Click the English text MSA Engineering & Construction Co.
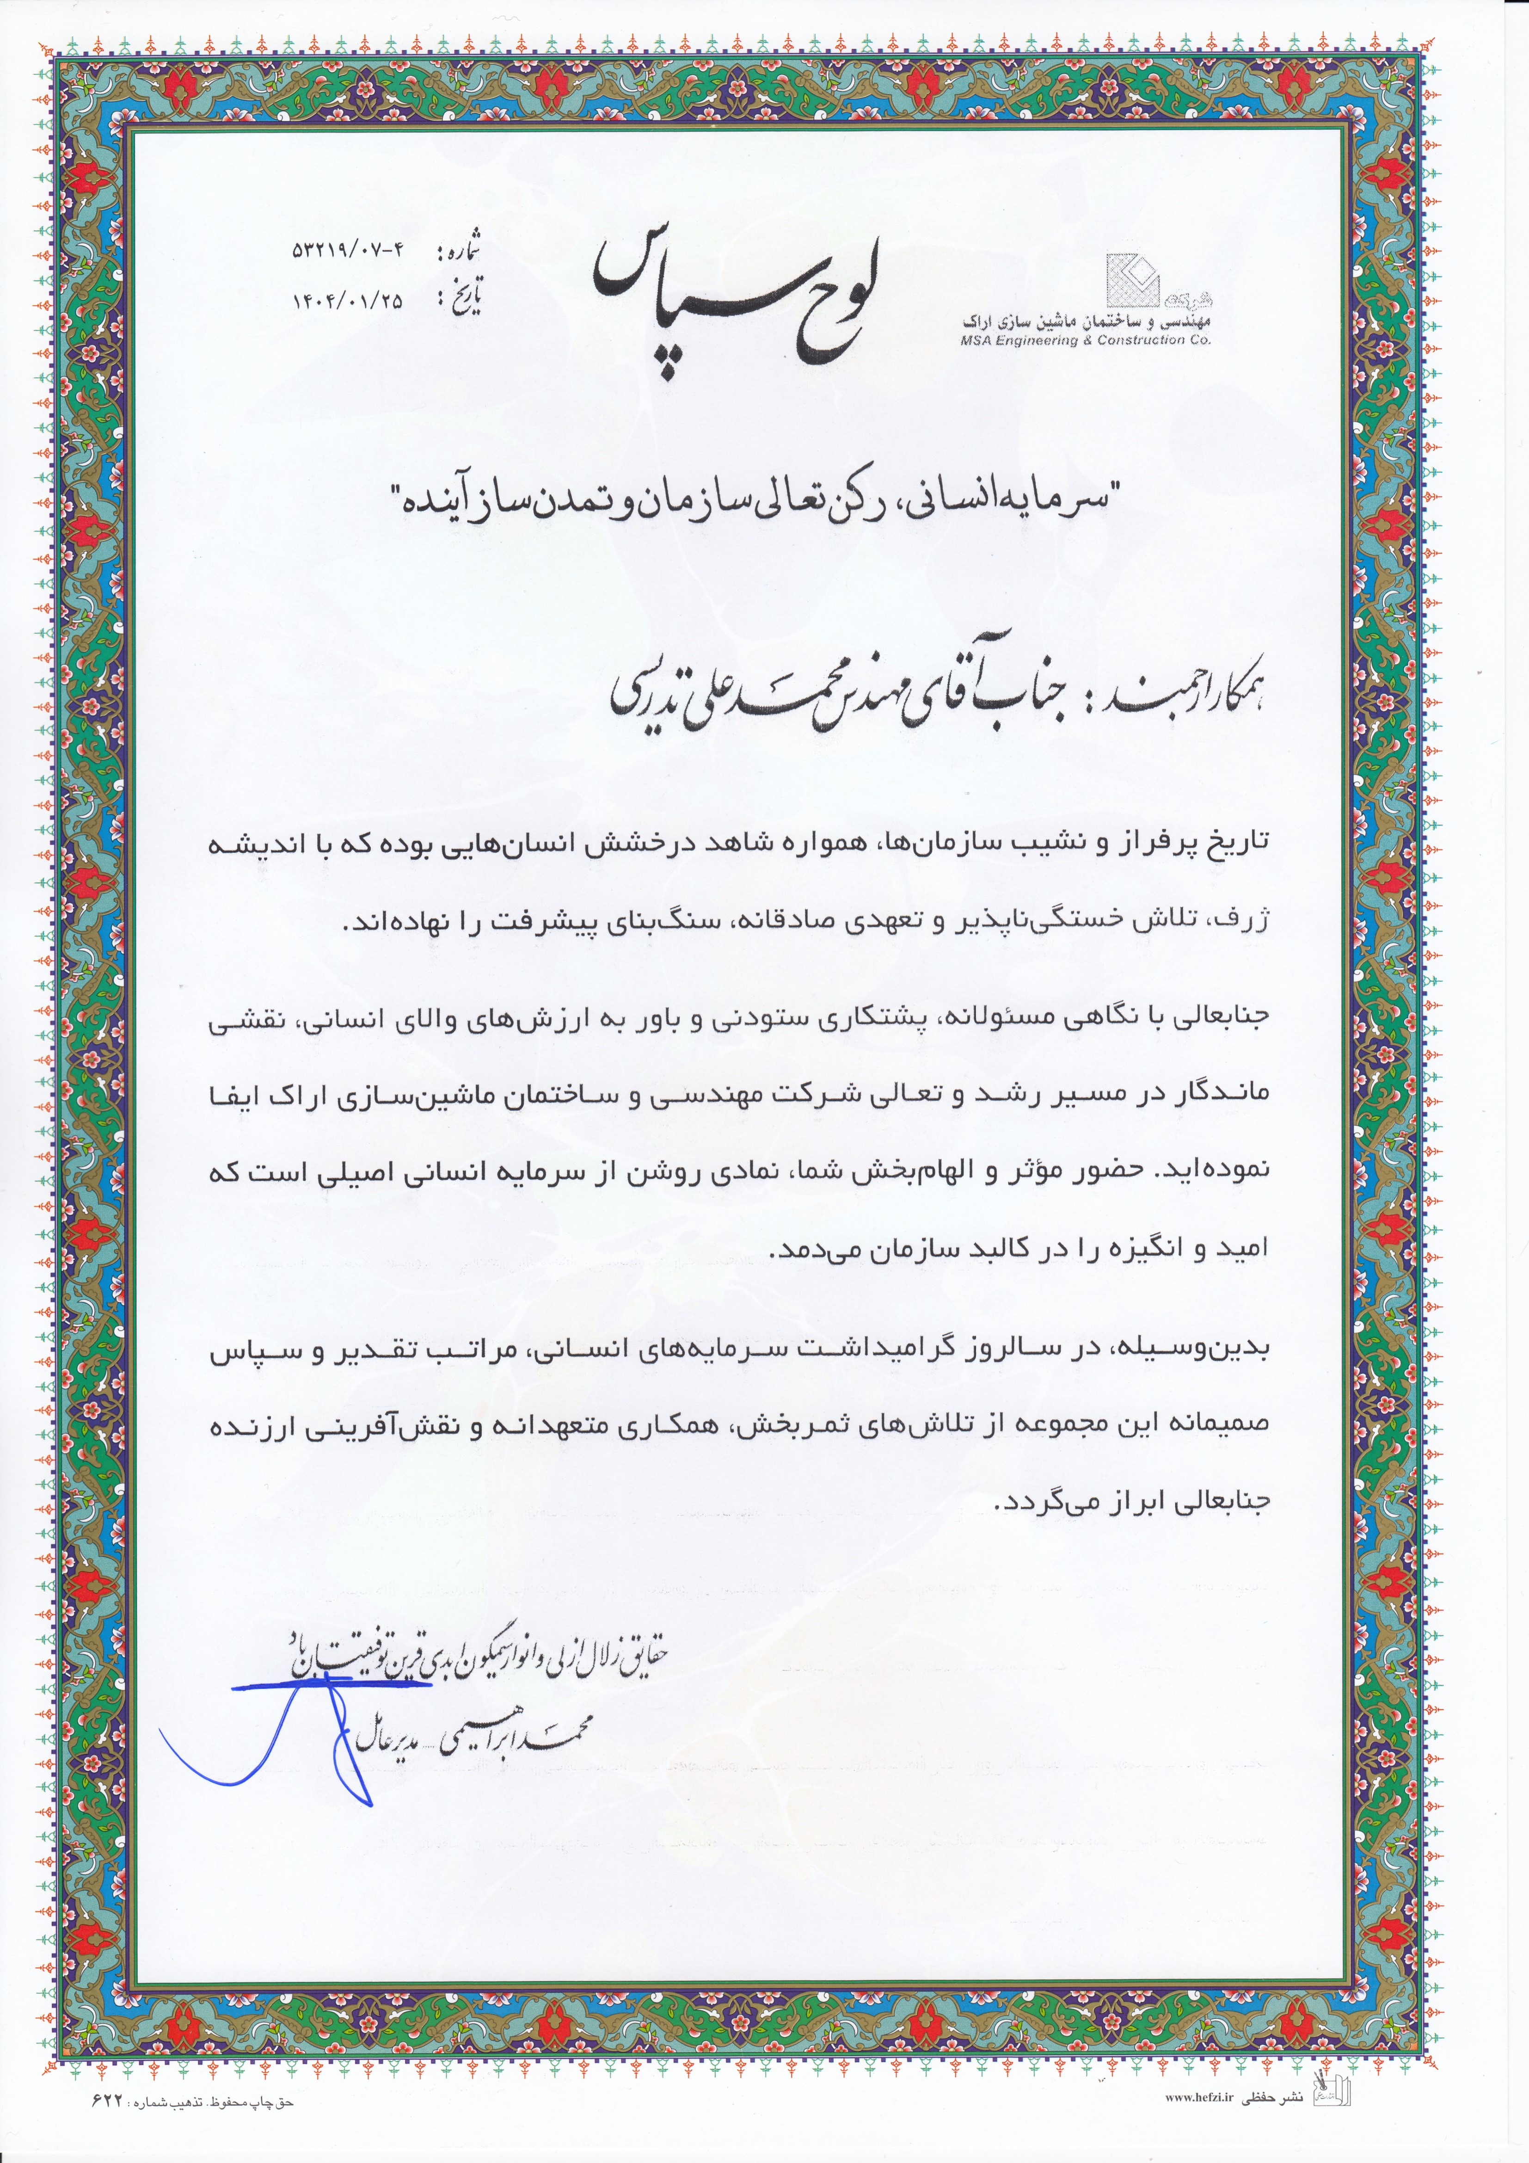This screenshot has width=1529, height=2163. coord(1085,340)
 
